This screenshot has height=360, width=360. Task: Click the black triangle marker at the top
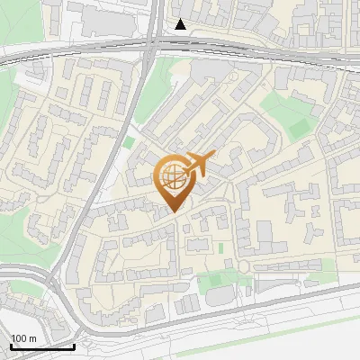(181, 24)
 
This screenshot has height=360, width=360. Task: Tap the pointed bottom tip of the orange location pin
(172, 210)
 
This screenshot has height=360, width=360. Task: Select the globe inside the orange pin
(172, 175)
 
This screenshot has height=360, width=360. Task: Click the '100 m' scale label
(23, 338)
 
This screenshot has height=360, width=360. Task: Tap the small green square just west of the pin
(129, 142)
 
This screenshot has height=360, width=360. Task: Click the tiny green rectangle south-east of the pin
(220, 247)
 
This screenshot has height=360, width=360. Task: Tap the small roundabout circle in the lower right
(243, 267)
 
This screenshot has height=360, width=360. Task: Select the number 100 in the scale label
(19, 338)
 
